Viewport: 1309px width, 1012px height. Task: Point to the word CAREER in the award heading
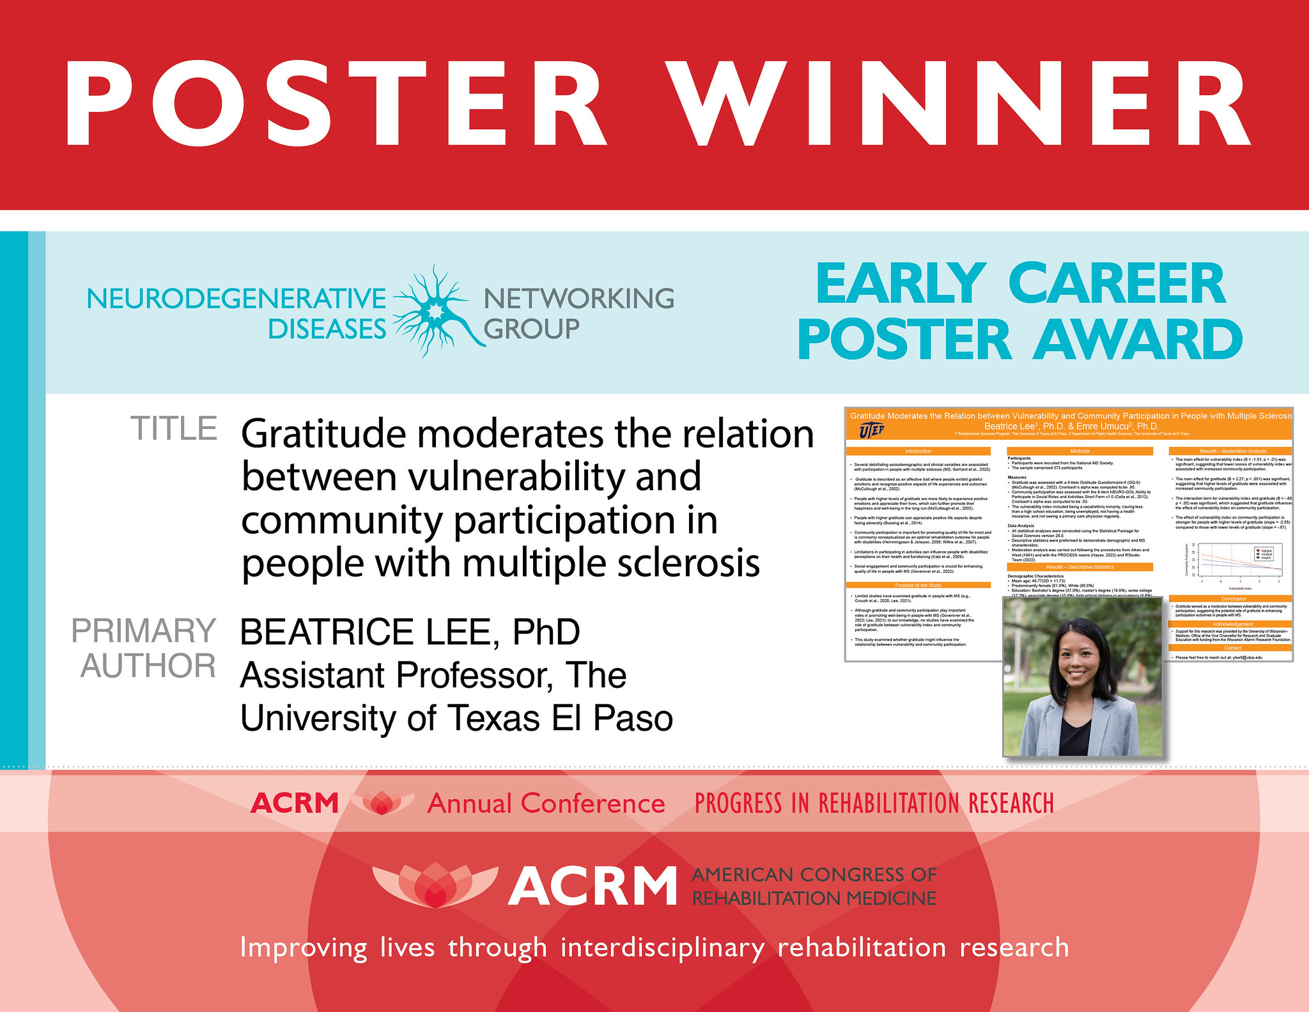click(1117, 284)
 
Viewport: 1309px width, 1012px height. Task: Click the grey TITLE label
click(174, 429)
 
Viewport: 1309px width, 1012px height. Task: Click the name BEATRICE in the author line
click(327, 632)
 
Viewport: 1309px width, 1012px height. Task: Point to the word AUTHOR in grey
click(148, 666)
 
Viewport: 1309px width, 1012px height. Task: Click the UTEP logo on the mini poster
click(872, 430)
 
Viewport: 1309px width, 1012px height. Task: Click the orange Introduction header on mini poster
click(918, 451)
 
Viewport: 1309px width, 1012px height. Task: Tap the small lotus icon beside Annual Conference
click(382, 803)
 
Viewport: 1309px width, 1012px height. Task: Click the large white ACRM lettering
click(593, 887)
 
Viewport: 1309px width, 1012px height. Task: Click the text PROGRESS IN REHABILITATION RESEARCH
click(874, 804)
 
